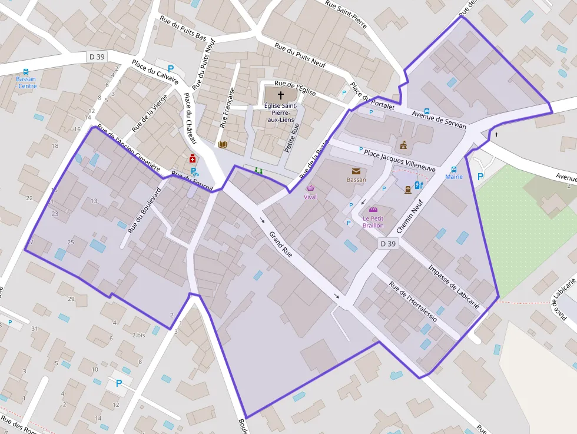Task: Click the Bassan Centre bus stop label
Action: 26,82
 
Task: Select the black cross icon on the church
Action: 280,95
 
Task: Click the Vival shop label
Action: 310,197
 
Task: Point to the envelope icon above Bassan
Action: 356,171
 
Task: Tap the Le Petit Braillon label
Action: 373,222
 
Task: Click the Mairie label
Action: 454,177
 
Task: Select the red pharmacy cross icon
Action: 192,159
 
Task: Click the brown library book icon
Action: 223,144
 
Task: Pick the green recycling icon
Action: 258,171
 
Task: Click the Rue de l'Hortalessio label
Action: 413,301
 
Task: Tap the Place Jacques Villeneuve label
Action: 400,161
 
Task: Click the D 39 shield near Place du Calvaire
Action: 96,57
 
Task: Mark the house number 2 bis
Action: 140,334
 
